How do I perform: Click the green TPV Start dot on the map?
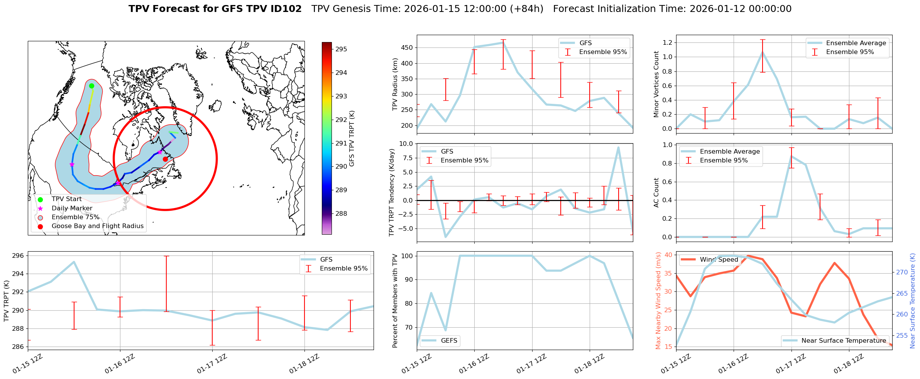(91, 86)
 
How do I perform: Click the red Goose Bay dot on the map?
(165, 159)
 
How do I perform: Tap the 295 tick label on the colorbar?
(341, 49)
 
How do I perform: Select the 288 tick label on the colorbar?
(341, 213)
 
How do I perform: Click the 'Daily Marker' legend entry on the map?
(72, 208)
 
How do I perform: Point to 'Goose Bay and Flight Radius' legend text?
(97, 226)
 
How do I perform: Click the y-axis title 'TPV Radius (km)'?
(395, 84)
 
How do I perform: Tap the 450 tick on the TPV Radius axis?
(407, 48)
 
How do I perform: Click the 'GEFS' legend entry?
(449, 340)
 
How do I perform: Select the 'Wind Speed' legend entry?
(719, 259)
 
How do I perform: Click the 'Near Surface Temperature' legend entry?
(844, 340)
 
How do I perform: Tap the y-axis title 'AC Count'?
(656, 193)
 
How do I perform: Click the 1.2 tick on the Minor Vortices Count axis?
(667, 42)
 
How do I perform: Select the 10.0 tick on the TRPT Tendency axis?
(406, 144)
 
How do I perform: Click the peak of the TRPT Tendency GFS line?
(618, 147)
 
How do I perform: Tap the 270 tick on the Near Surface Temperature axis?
(902, 272)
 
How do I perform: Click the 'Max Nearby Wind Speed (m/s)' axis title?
(658, 301)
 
